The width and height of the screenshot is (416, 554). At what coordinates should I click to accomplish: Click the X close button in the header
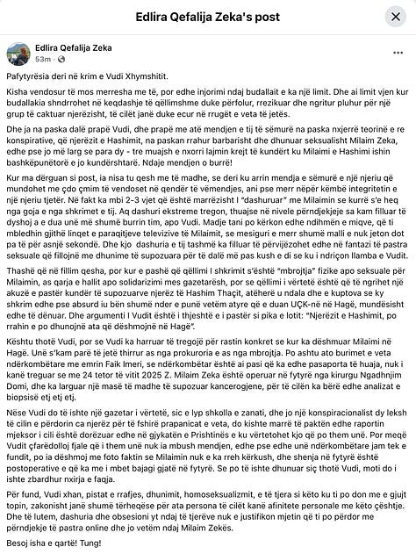tap(393, 17)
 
